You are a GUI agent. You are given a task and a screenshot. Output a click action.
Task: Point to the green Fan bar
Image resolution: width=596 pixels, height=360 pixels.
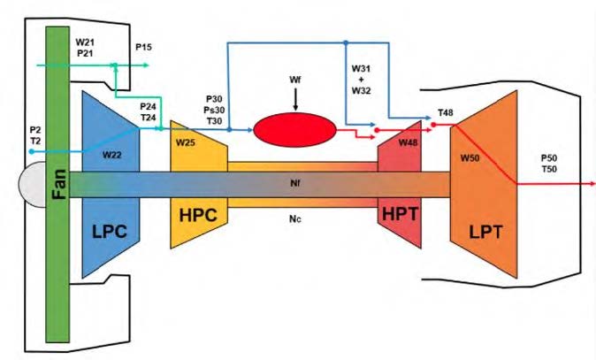57,265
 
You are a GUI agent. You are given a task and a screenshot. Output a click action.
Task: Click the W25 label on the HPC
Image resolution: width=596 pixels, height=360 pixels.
185,142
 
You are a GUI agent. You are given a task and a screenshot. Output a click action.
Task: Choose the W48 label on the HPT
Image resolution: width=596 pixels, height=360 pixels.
409,143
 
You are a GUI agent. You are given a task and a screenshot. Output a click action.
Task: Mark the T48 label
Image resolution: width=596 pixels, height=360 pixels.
446,114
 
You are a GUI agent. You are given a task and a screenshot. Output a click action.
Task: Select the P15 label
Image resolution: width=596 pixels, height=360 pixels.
143,45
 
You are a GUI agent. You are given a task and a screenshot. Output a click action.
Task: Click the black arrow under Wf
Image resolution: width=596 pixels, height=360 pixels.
295,103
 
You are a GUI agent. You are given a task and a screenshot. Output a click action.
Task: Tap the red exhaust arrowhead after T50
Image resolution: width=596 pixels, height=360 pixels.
591,184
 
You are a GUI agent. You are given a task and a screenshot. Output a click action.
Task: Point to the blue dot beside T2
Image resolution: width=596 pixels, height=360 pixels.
31,151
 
